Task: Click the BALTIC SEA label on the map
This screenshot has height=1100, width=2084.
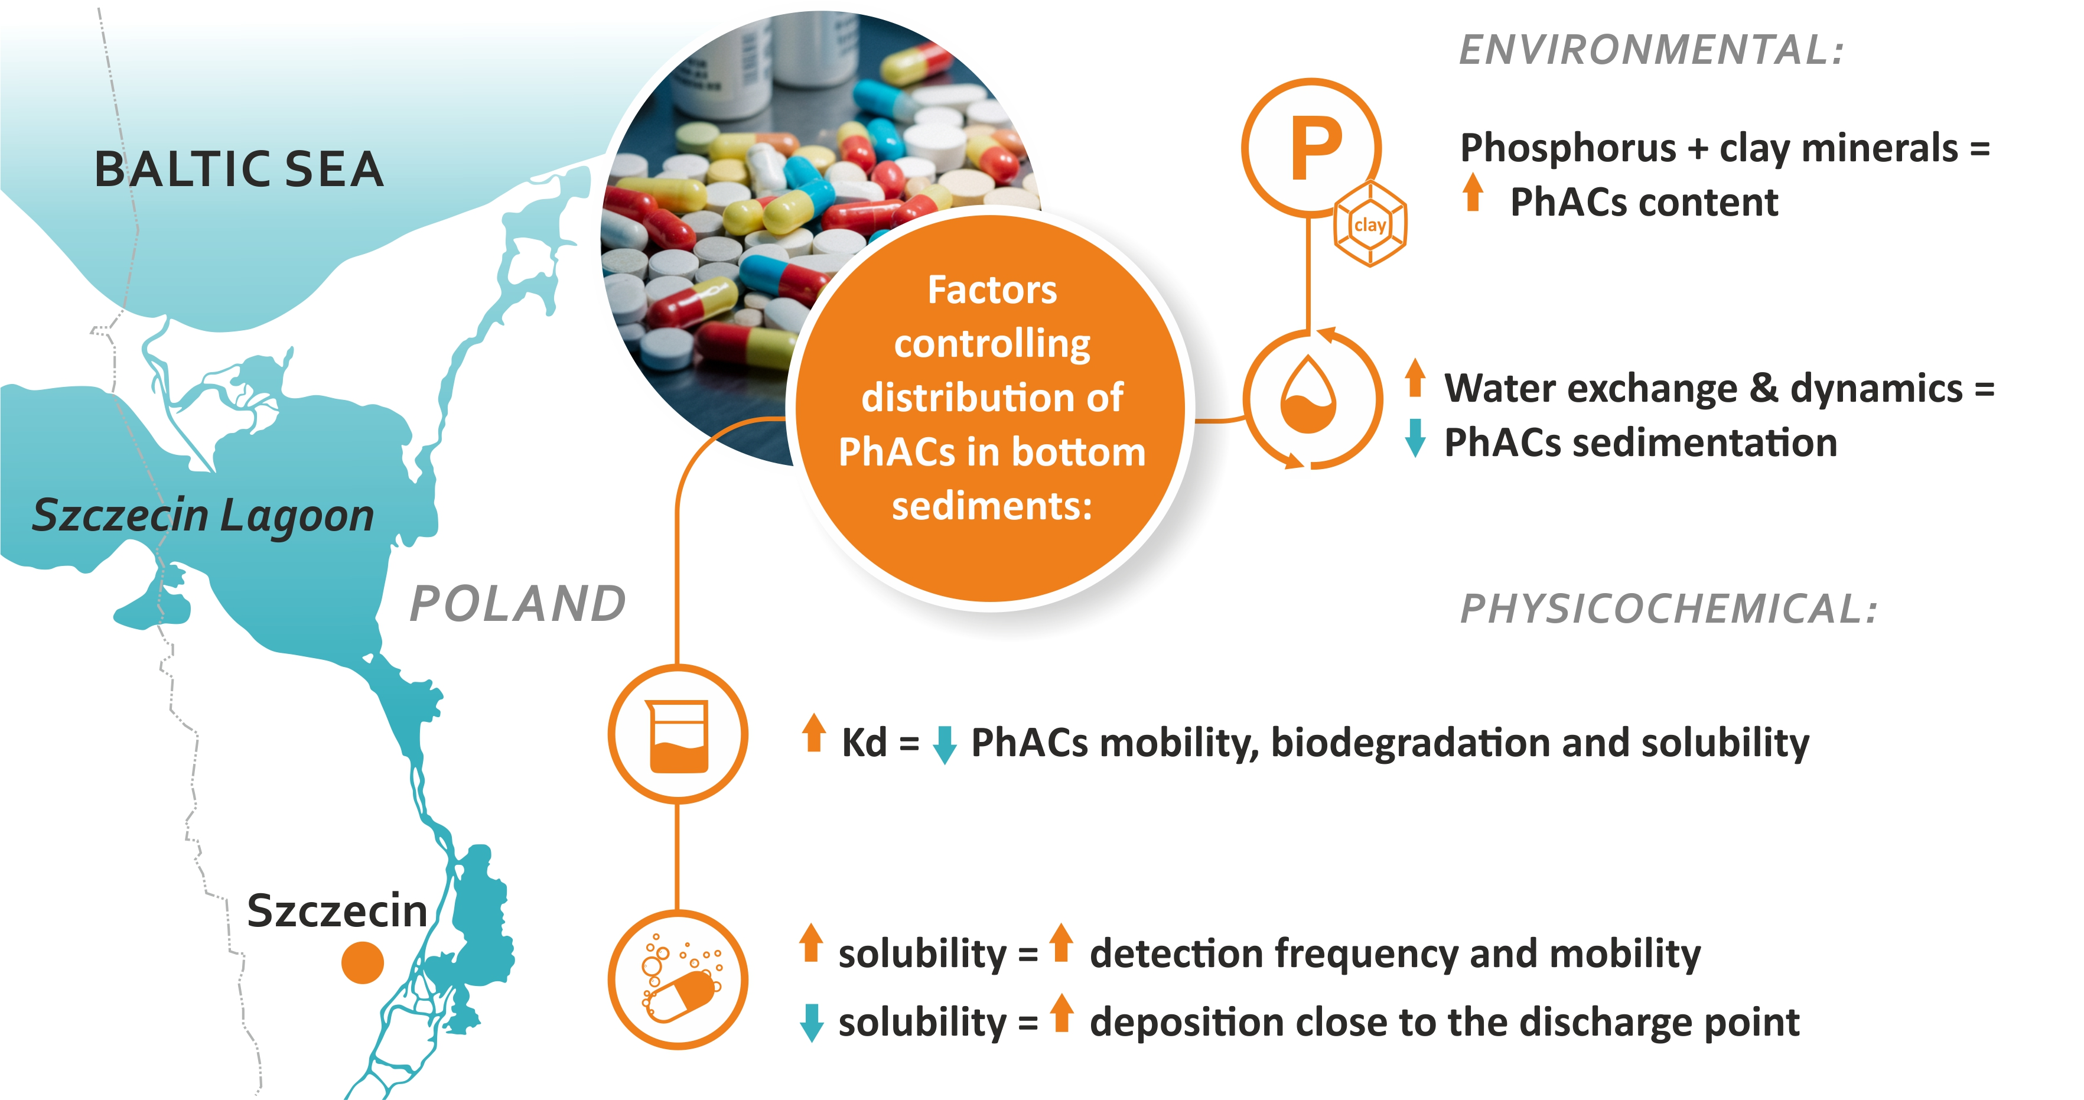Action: [239, 170]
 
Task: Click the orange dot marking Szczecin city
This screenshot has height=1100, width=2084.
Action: [363, 962]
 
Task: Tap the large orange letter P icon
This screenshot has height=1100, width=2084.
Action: [1315, 149]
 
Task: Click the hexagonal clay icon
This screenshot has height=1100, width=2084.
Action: [1370, 225]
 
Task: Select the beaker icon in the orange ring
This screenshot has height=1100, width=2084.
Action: [678, 735]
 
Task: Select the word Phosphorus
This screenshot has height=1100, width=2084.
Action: [1568, 149]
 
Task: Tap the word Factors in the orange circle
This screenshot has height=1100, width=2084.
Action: [992, 289]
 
